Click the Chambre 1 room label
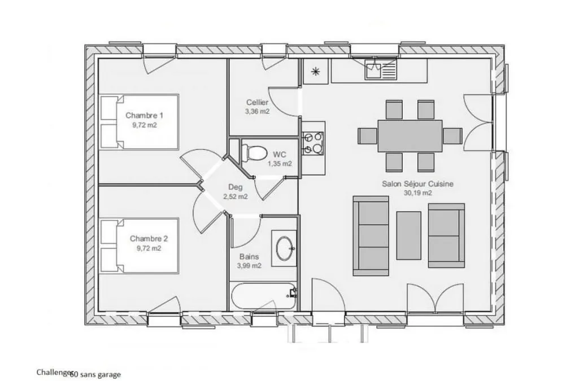click(144, 115)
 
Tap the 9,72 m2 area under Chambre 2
click(149, 248)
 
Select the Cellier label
click(257, 102)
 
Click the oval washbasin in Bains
click(285, 248)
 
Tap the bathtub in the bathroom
click(263, 296)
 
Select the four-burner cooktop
click(313, 143)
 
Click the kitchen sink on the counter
click(381, 71)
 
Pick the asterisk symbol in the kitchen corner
click(316, 72)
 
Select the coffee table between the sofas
click(409, 235)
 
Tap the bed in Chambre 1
click(139, 122)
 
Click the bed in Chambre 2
click(139, 246)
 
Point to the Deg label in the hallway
click(236, 187)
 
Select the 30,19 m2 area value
click(418, 193)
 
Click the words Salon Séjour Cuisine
click(418, 184)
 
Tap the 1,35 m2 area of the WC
click(280, 164)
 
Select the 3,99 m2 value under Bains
click(249, 266)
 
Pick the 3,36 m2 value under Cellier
click(257, 111)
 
